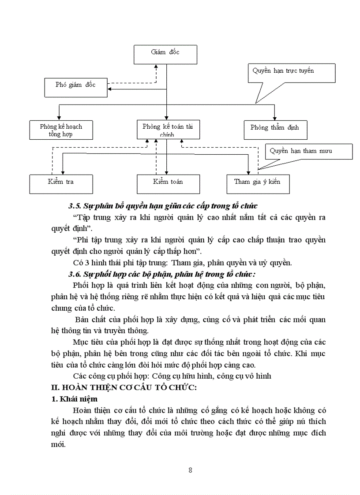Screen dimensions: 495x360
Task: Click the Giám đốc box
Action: coord(165,54)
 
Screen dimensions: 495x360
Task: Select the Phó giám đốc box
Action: coord(75,87)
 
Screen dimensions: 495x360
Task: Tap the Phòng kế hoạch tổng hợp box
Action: coord(61,130)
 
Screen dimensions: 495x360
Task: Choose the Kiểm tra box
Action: coord(61,184)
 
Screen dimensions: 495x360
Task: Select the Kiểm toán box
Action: coord(168,184)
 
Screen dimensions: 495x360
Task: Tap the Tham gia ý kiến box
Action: coord(258,184)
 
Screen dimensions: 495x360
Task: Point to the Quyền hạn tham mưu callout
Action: coord(308,151)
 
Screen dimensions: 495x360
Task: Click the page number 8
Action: coord(190,469)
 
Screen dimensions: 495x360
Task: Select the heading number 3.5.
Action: coord(75,206)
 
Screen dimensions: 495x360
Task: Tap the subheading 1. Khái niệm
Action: coord(72,399)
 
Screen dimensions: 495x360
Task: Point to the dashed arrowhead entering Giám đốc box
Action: coord(156,67)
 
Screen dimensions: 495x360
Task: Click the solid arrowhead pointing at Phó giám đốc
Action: coord(110,89)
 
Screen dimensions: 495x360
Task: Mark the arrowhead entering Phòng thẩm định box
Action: coord(274,118)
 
